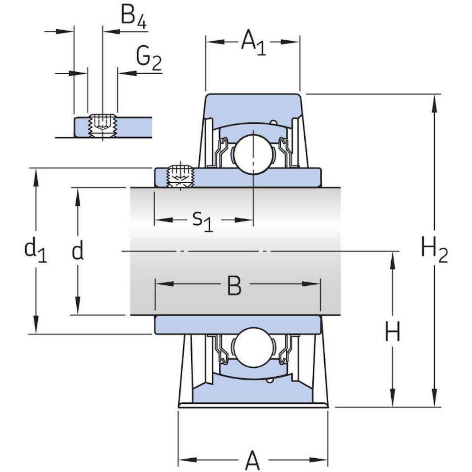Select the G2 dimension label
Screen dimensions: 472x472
[149, 59]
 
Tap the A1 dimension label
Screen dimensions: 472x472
[253, 43]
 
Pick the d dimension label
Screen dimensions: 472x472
[78, 251]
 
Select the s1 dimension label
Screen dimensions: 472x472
[203, 220]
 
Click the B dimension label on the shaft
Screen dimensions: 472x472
[234, 286]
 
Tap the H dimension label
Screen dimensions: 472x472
[392, 331]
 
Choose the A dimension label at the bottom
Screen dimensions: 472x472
[252, 460]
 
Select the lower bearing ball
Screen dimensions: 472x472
[252, 347]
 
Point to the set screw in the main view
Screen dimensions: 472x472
[180, 176]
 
